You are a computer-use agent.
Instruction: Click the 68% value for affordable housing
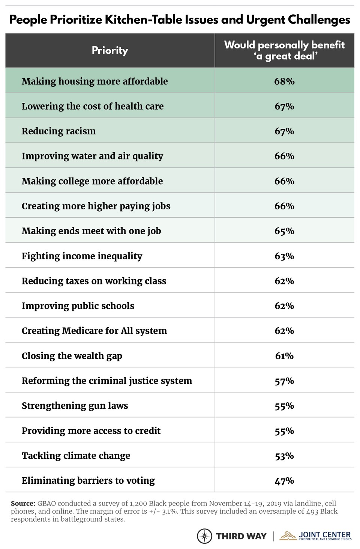[284, 81]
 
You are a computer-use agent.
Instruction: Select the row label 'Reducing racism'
[58, 131]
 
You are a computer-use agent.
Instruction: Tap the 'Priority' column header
[110, 51]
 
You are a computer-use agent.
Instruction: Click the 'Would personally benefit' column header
[284, 51]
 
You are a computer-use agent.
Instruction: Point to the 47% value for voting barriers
[284, 481]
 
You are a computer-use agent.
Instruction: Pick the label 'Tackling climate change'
[76, 456]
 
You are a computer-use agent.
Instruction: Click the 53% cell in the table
[284, 456]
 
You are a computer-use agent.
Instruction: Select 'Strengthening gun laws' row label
[75, 406]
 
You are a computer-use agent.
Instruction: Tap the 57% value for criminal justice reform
[284, 381]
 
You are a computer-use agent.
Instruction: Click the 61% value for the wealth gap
[284, 356]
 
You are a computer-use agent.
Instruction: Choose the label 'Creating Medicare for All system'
[94, 331]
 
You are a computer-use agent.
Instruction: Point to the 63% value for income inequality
[284, 256]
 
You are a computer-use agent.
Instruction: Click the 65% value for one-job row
[284, 231]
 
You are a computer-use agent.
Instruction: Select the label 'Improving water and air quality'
[92, 156]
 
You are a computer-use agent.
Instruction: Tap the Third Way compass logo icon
[205, 536]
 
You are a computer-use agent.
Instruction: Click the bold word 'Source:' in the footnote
[22, 503]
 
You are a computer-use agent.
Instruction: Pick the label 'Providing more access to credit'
[91, 431]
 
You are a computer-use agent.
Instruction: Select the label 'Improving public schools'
[78, 306]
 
